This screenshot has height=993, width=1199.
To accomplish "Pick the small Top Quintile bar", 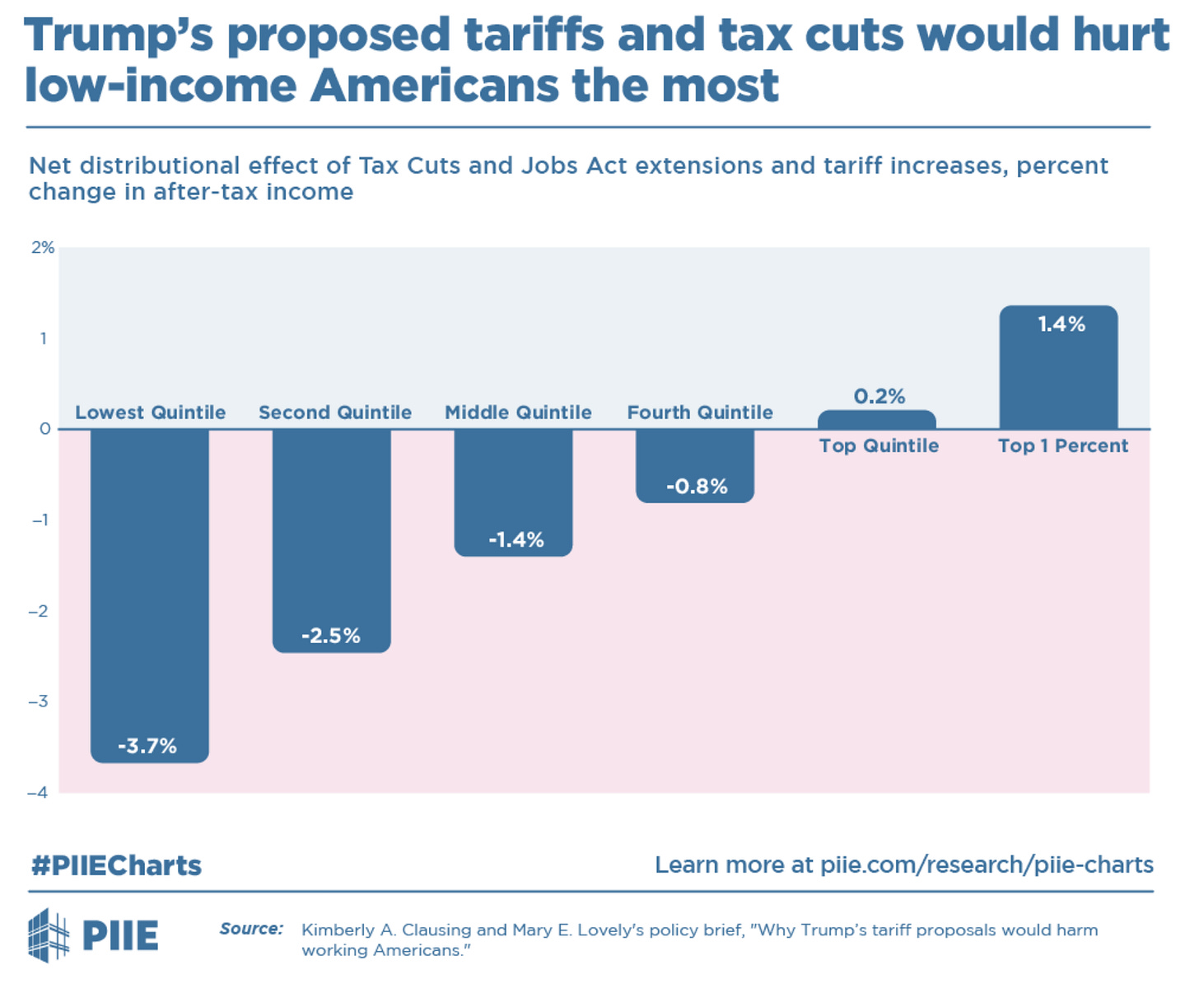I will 876,420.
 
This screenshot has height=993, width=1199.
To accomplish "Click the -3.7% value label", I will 147,746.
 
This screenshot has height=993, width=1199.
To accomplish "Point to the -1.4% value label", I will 516,540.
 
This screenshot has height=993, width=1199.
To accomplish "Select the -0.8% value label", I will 697,487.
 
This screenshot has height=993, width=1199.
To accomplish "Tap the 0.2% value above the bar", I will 879,396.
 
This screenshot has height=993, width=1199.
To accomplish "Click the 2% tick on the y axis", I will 43,248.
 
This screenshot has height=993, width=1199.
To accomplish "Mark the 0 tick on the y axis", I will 44,429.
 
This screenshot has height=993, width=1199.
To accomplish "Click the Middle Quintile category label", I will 518,413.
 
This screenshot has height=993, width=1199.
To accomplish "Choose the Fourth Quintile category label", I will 700,413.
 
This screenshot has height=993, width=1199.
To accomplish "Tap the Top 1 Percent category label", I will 1062,446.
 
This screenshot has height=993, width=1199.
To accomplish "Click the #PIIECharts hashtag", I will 116,865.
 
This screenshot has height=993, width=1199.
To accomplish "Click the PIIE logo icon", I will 49,935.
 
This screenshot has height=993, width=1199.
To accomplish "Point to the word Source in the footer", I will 250,929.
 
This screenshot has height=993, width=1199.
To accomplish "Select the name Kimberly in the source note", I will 336,930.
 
